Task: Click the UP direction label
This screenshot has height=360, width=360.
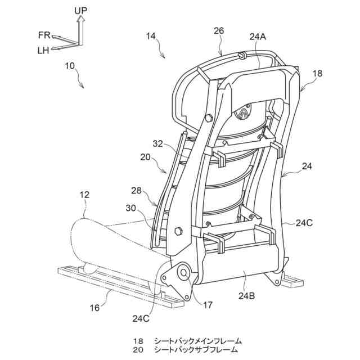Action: (x=80, y=10)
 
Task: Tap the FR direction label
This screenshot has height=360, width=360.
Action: (x=44, y=35)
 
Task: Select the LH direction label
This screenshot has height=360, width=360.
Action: (x=43, y=50)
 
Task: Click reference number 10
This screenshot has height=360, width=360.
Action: (x=70, y=66)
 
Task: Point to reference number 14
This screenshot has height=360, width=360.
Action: (x=151, y=36)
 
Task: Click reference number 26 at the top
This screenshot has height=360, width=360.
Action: (x=219, y=31)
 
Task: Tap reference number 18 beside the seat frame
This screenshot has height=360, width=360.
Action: (x=317, y=73)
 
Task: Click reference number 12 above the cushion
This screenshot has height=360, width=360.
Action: (x=84, y=194)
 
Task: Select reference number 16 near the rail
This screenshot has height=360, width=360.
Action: (x=95, y=307)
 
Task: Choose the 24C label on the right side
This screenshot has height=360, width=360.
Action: (x=305, y=222)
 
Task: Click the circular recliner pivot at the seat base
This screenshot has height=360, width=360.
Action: (x=183, y=274)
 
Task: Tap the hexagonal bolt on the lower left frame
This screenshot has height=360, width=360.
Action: (x=180, y=231)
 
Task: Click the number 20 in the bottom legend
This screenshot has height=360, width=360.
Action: (x=138, y=350)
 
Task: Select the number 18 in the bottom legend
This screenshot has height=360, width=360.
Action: (x=138, y=341)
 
